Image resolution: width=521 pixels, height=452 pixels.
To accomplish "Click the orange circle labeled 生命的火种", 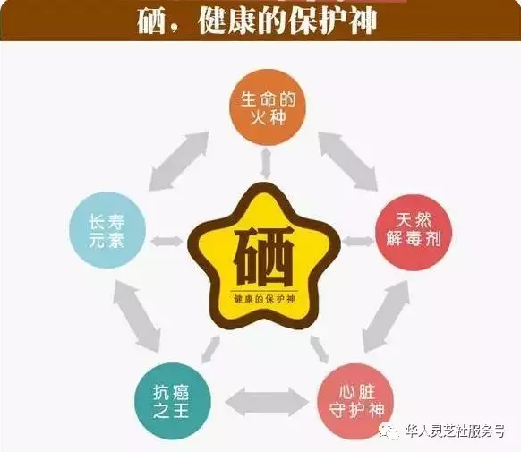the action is [x=268, y=107].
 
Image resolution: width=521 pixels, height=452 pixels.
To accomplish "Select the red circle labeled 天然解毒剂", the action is [x=414, y=233].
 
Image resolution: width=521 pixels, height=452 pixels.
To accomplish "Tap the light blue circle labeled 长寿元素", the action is [x=107, y=230].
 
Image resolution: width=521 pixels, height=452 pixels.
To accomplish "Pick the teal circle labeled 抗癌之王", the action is [x=173, y=401].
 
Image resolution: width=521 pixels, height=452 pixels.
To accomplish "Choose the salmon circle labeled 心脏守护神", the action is [x=355, y=401].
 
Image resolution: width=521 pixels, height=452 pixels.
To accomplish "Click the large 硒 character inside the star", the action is [x=264, y=256].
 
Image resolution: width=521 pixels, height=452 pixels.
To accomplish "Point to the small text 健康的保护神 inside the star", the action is [x=264, y=299].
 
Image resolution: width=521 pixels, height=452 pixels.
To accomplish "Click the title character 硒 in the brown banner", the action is [x=151, y=21].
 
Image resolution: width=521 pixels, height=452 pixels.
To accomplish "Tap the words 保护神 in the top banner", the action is [x=333, y=21].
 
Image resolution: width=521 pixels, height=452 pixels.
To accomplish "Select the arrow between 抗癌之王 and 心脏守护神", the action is [x=266, y=402].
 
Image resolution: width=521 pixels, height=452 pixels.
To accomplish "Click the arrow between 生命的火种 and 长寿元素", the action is [x=179, y=161].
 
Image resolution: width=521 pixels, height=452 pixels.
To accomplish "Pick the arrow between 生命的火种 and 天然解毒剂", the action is [x=347, y=161].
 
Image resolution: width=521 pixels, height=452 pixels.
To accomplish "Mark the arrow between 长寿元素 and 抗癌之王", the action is [x=137, y=315].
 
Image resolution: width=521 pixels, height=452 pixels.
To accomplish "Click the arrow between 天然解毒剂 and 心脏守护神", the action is [x=386, y=316].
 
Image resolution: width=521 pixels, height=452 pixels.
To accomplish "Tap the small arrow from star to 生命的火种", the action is [x=266, y=164].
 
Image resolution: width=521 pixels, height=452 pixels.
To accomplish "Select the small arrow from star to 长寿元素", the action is [x=167, y=241].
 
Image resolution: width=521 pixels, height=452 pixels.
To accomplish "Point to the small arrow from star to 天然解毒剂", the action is [x=357, y=241].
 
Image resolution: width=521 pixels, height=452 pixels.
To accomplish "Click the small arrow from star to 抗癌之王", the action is [x=210, y=349].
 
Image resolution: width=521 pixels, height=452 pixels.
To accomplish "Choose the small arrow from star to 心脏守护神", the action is [x=320, y=349].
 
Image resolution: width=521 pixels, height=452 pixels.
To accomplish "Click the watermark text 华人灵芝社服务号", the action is [x=456, y=431].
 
